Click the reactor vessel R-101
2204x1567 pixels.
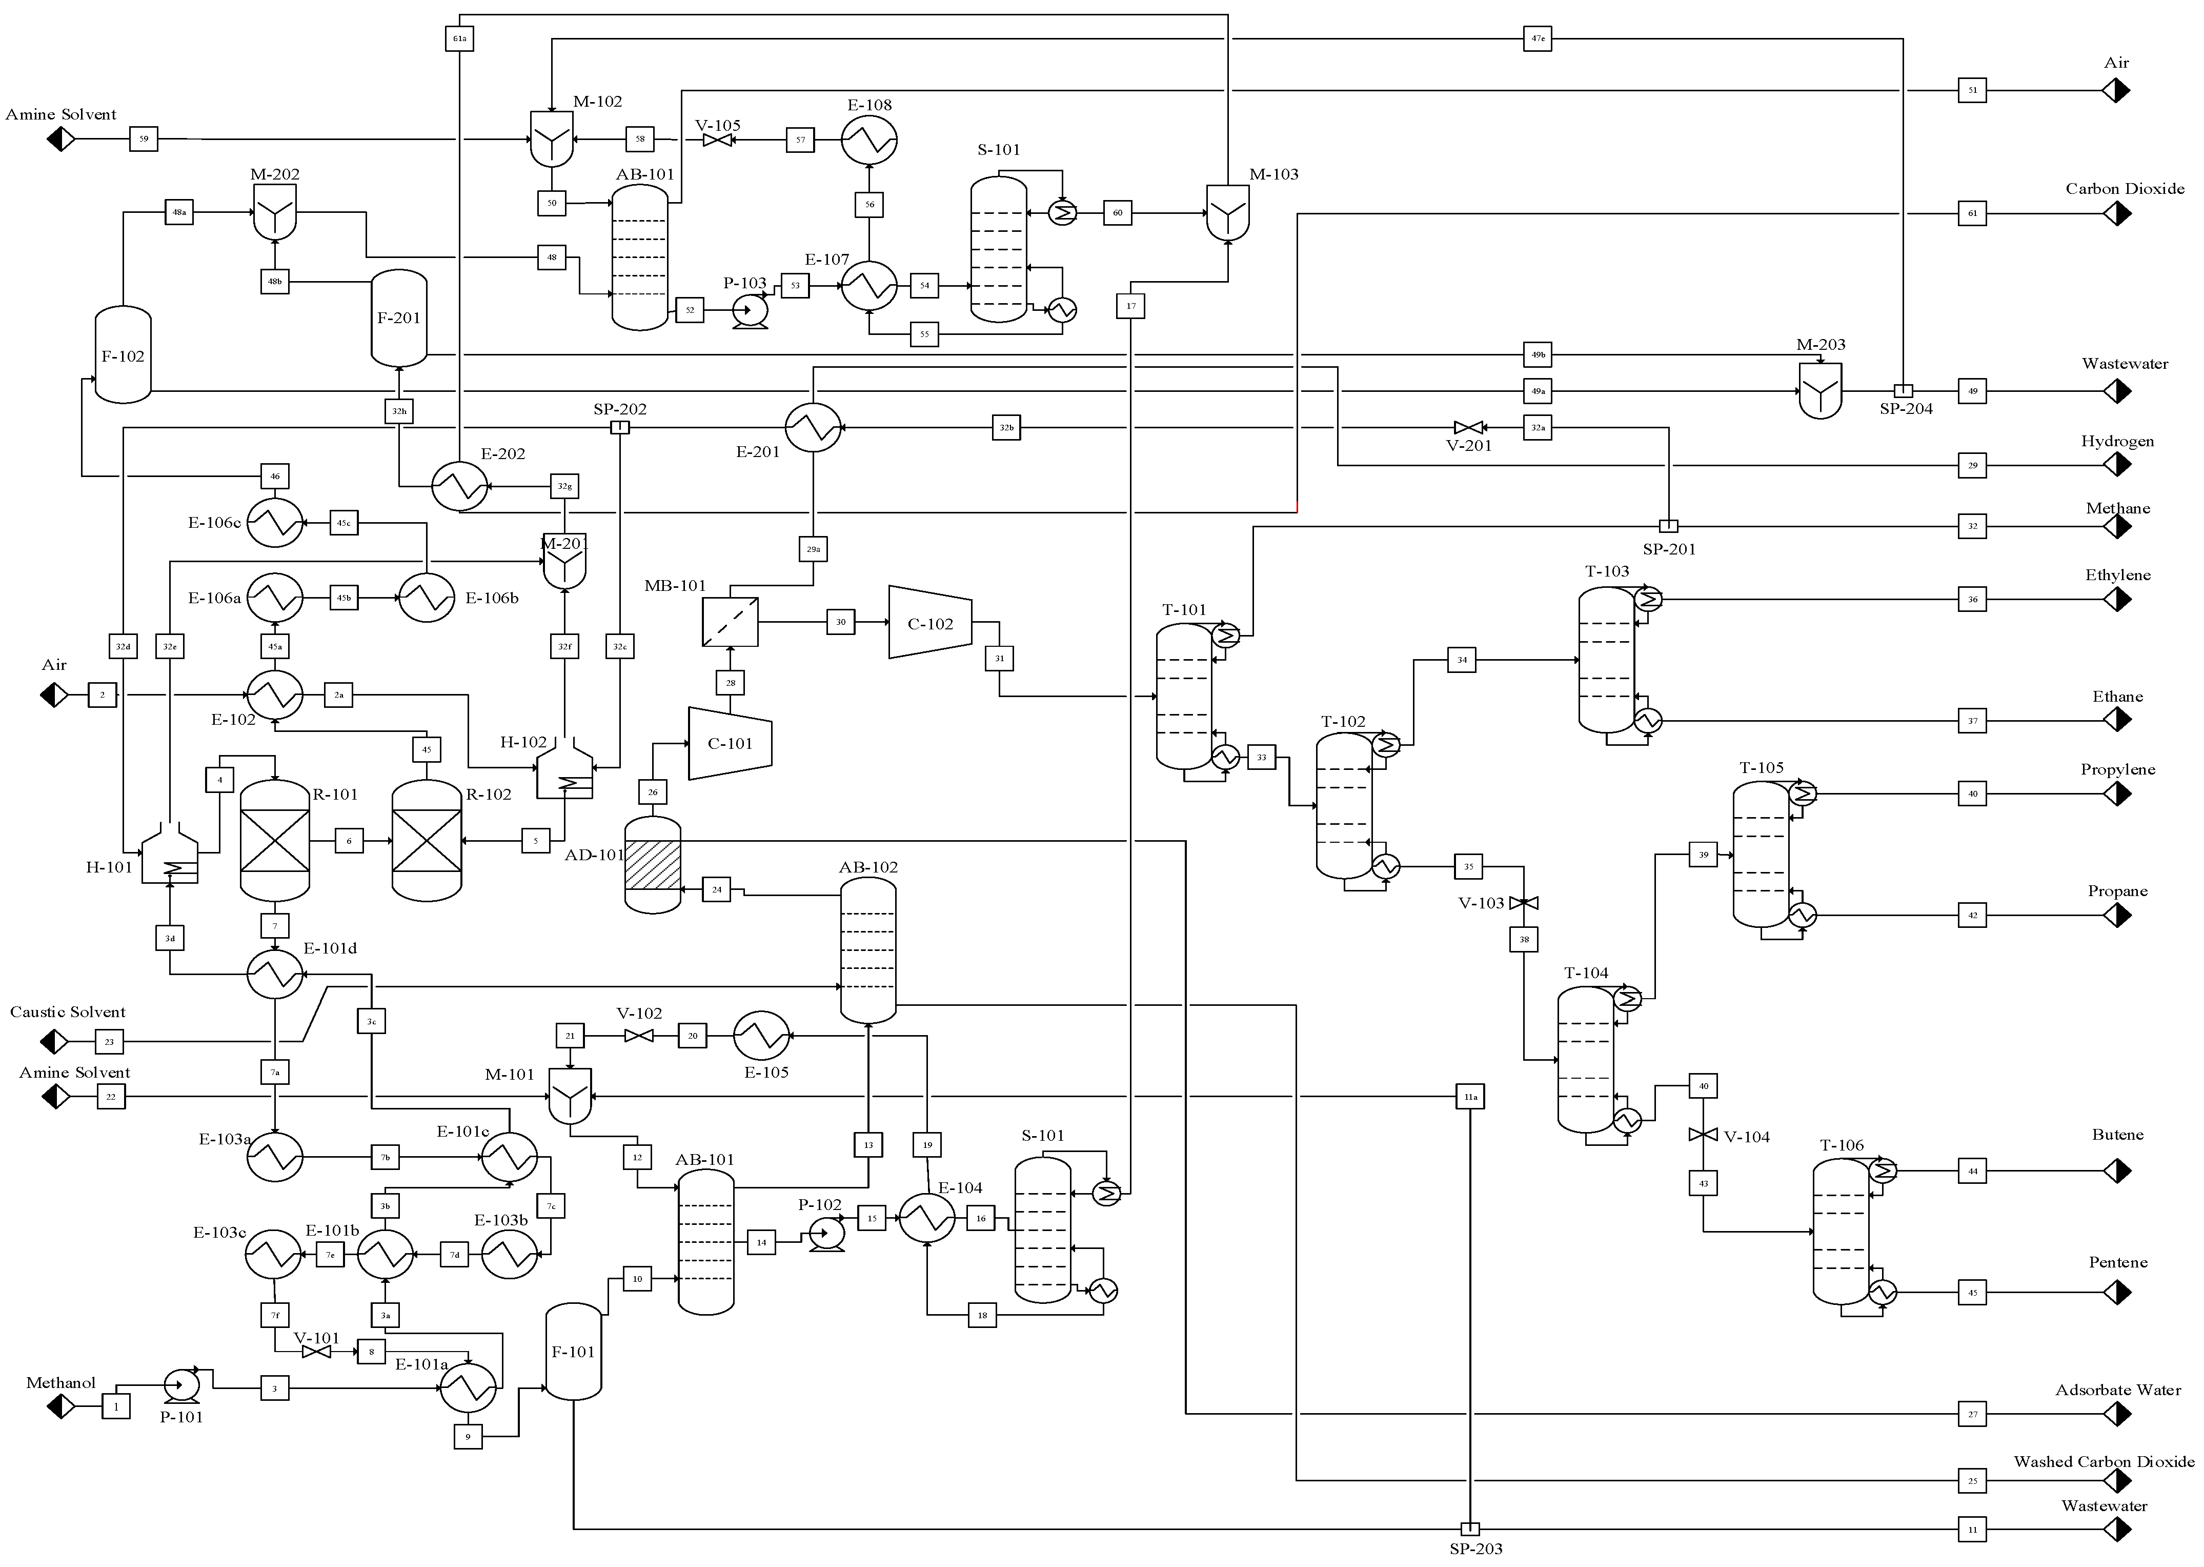[275, 840]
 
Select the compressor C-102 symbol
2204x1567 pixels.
[929, 622]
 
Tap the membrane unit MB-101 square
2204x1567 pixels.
[730, 622]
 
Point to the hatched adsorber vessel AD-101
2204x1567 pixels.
[653, 865]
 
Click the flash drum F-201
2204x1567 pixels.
[399, 319]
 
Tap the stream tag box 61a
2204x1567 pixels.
[460, 38]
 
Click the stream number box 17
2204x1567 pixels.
[1131, 306]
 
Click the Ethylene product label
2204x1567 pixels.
[2117, 575]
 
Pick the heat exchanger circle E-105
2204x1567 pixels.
[762, 1036]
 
